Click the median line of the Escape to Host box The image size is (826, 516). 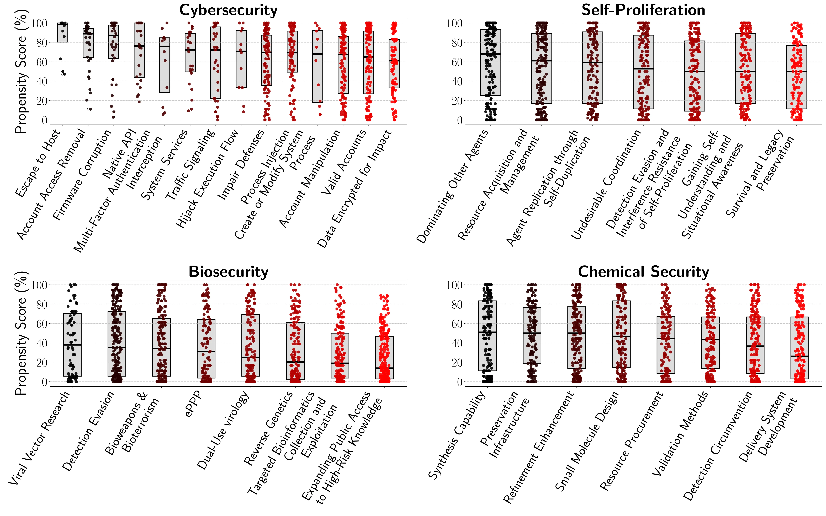point(63,24)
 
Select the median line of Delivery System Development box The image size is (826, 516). point(799,356)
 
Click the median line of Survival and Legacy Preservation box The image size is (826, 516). point(796,71)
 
